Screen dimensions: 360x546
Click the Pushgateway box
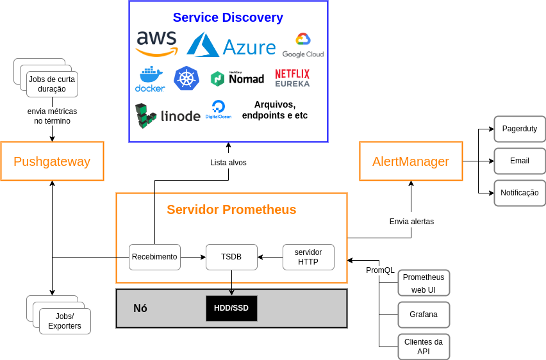tap(52, 161)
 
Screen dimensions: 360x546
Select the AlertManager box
tap(411, 161)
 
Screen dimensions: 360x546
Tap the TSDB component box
tap(231, 257)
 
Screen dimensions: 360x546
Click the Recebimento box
tap(154, 257)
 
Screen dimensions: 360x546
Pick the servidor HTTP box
tap(308, 257)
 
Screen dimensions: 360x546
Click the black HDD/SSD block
tap(231, 308)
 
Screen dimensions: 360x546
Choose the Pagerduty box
tap(520, 129)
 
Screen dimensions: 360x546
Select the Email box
tap(520, 161)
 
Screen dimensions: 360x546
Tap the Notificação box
tap(520, 193)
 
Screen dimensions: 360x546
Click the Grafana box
tap(424, 315)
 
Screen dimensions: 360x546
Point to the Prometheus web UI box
tap(424, 282)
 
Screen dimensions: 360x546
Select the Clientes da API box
tap(424, 347)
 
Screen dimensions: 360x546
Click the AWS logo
tap(156, 44)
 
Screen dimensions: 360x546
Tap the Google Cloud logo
tap(302, 45)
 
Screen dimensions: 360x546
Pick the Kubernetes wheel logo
tap(186, 79)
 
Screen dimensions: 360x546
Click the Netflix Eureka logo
tap(292, 78)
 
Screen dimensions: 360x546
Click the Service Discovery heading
tap(228, 17)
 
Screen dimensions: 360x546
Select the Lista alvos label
tap(228, 163)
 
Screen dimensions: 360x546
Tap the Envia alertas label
tap(411, 222)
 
